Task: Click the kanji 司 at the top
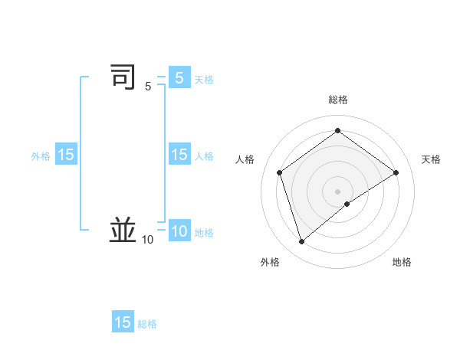[x=123, y=77]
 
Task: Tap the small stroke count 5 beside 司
[x=148, y=87]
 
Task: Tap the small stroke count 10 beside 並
[x=148, y=240]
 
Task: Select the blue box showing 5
[x=179, y=77]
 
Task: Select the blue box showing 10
[x=179, y=231]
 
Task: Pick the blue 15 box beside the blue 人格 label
[x=179, y=155]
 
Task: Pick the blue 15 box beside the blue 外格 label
[x=66, y=155]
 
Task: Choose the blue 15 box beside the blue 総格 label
[x=123, y=322]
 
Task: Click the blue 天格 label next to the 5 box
[x=204, y=80]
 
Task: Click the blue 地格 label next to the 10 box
[x=204, y=233]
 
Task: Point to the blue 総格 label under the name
[x=148, y=324]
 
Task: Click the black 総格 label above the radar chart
[x=338, y=100]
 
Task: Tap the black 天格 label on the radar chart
[x=431, y=159]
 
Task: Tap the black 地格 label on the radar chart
[x=402, y=262]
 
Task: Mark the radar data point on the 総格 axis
[x=337, y=131]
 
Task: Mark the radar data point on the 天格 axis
[x=396, y=172]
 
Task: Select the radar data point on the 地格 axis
[x=347, y=204]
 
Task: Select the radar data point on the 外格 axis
[x=301, y=242]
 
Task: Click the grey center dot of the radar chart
[x=337, y=191]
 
